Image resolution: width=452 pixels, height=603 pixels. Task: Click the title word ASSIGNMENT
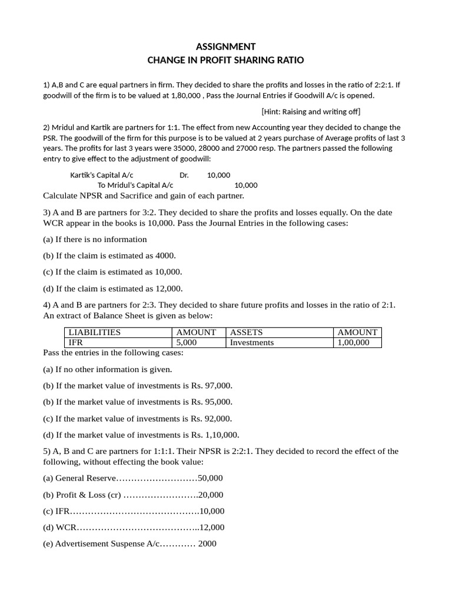[225, 47]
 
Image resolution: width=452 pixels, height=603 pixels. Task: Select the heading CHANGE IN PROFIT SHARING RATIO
[225, 61]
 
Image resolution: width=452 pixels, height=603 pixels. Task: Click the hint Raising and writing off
[311, 111]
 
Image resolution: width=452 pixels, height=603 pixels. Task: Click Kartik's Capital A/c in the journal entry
[102, 175]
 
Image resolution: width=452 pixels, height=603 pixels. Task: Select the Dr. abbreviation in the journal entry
[184, 175]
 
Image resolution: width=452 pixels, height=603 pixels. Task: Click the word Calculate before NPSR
[62, 196]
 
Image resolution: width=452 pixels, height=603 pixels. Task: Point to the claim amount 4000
[165, 256]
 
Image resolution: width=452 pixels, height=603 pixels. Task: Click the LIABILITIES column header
[95, 332]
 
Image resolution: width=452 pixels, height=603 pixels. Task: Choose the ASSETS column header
[246, 332]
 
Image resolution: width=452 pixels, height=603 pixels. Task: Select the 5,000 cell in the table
[187, 342]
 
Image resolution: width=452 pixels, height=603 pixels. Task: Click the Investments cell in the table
[252, 342]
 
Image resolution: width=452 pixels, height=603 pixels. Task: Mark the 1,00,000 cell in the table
[354, 342]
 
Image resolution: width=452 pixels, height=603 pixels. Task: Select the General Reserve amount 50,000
[210, 478]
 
